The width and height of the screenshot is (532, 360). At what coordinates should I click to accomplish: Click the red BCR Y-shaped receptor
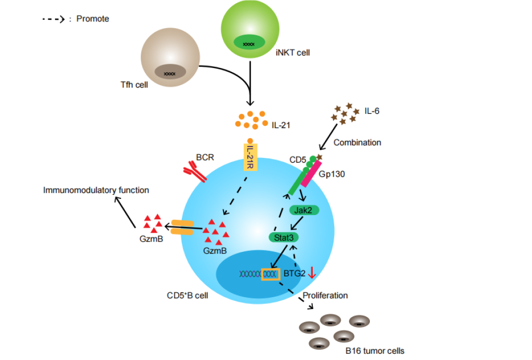pos(195,171)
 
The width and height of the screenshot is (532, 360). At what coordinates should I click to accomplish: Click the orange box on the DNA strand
pos(270,273)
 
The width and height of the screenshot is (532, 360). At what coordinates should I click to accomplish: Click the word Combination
pos(357,142)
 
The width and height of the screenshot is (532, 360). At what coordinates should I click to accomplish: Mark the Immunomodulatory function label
pos(96,190)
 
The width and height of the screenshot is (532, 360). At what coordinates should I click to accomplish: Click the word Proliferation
pos(325,296)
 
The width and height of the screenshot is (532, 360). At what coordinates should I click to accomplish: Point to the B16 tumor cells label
pos(375,350)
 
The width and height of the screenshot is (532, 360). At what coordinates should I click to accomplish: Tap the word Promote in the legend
pos(92,19)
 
